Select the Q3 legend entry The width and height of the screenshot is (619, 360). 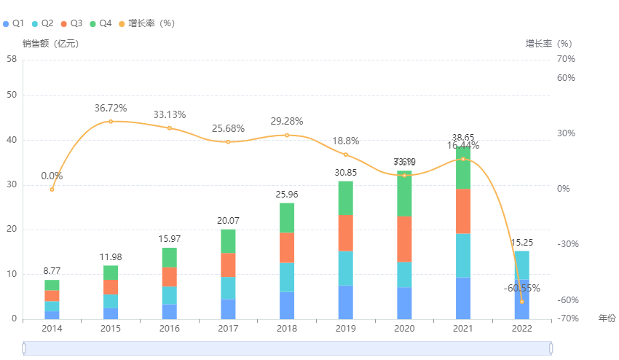pos(72,23)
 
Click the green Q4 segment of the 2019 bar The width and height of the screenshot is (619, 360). pos(345,198)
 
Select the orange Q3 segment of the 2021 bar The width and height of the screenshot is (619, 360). pos(463,211)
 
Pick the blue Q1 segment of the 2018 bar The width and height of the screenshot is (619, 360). pos(287,305)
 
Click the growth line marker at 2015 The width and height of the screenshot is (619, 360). pos(111,121)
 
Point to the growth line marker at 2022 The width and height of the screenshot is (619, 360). pos(521,301)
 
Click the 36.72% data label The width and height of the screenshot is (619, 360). pos(111,108)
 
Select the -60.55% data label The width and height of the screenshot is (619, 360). pos(521,288)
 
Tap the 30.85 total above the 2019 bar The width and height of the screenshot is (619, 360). pos(345,173)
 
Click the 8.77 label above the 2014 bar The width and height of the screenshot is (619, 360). pos(52,271)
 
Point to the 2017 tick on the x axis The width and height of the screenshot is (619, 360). pos(228,329)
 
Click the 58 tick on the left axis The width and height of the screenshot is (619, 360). pos(11,59)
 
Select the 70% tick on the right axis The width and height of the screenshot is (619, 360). pos(566,59)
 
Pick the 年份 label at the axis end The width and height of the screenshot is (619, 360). pos(607,318)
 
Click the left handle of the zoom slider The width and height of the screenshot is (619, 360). pos(24,348)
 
